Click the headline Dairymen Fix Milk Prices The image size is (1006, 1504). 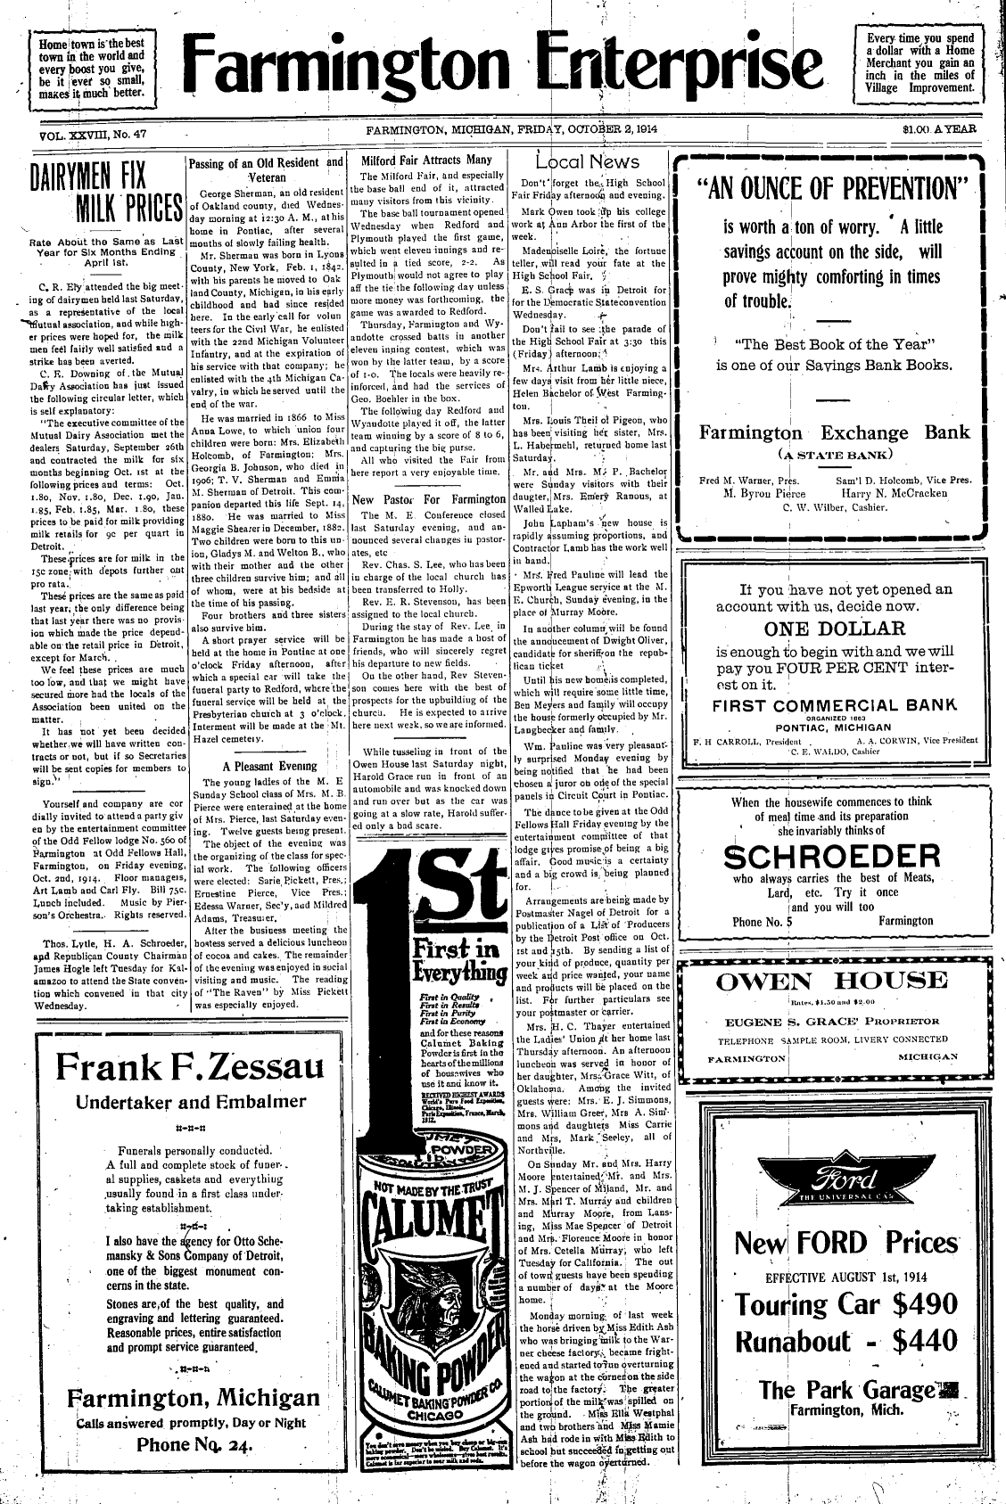[x=95, y=193]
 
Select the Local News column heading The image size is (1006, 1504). [x=588, y=161]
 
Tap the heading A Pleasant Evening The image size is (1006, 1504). [x=266, y=765]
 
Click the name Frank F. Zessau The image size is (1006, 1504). [x=186, y=1065]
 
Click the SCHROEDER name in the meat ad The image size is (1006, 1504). [x=832, y=857]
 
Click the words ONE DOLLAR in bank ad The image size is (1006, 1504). [x=834, y=629]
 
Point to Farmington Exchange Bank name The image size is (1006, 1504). [x=834, y=433]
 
